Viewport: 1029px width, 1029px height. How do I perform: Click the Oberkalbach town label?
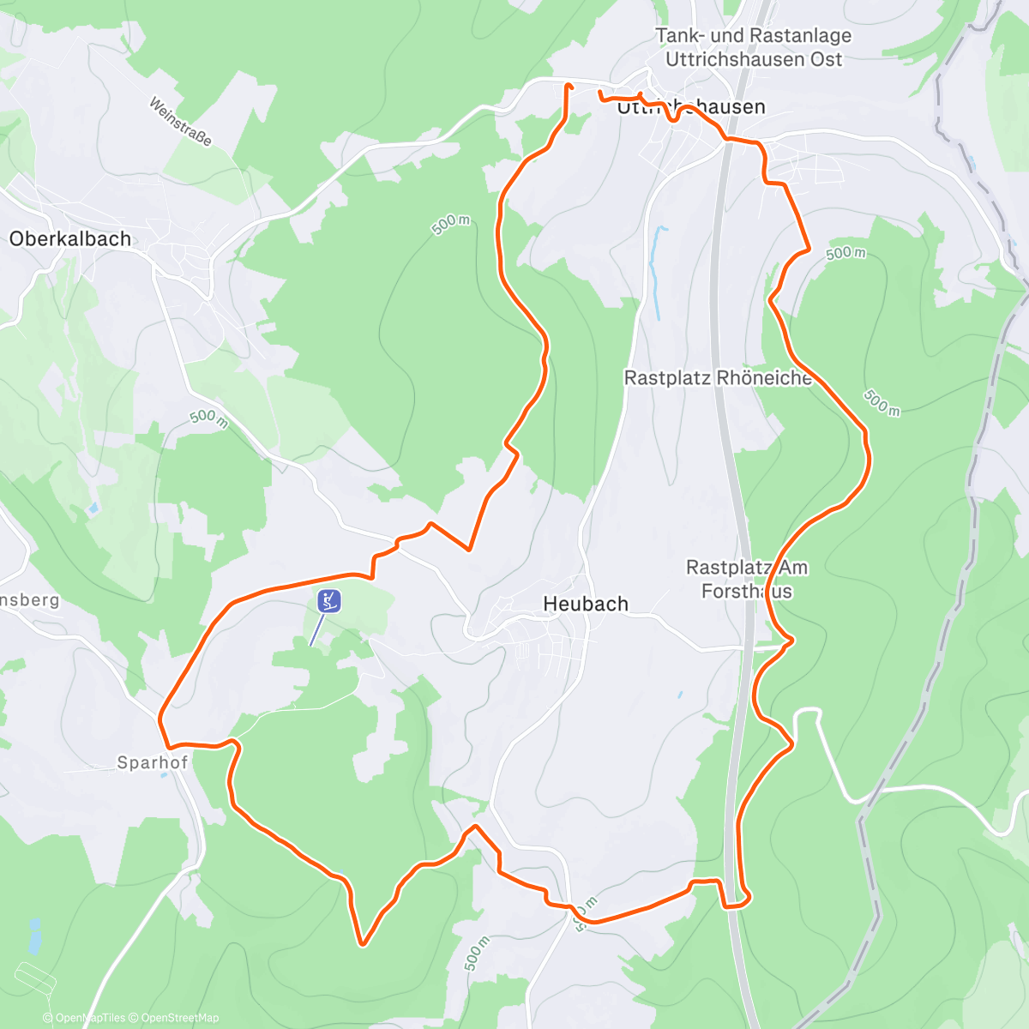70,239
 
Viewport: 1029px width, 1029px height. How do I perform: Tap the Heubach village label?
586,604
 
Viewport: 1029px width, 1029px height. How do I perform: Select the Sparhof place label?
152,762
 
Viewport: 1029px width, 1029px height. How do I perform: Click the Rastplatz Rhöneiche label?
718,378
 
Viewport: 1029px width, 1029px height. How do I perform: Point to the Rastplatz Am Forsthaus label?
747,579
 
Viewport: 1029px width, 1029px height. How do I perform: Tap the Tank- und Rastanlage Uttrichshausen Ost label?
754,47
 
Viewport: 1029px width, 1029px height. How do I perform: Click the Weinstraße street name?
180,122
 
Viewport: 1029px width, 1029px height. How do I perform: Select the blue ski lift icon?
329,601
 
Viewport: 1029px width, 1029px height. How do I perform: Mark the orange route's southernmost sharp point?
363,944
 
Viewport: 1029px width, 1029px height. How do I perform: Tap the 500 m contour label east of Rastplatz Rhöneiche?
882,402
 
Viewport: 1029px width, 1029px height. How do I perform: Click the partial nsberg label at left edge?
30,599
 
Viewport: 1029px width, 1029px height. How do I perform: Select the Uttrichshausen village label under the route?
691,107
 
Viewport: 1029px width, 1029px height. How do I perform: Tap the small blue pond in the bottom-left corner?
34,936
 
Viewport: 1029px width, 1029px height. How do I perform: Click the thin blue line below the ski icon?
316,631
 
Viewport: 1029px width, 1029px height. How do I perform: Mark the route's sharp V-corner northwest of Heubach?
469,549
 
